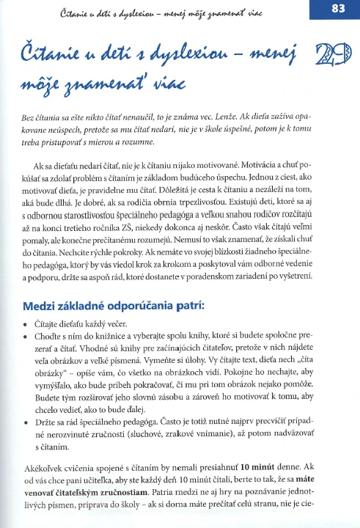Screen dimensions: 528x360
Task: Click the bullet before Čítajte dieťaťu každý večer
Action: (27, 323)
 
